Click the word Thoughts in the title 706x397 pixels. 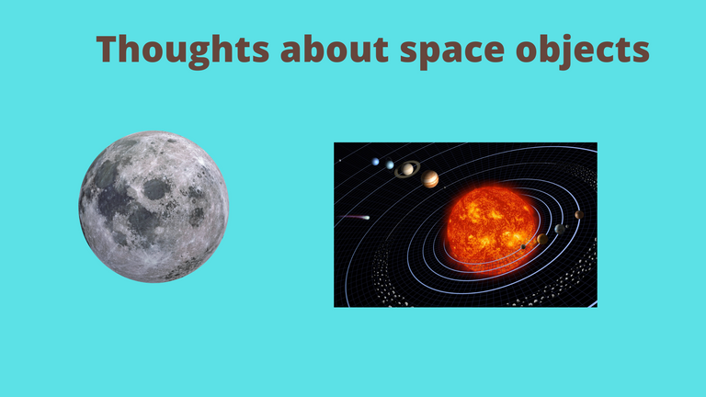pos(183,50)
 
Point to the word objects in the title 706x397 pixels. pos(583,51)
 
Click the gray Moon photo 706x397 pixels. pos(154,207)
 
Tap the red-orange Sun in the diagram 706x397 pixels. pos(492,230)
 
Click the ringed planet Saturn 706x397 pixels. pos(407,169)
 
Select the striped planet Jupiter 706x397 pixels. pos(430,179)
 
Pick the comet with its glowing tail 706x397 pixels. pos(355,218)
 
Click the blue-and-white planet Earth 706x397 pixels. pos(560,229)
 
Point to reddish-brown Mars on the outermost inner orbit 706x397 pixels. pos(579,215)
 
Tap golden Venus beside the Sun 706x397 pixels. pos(542,239)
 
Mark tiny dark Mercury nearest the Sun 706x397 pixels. pos(523,246)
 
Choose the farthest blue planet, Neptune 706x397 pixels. pos(375,162)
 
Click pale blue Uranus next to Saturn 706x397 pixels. pos(390,164)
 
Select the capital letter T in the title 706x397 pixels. pos(110,49)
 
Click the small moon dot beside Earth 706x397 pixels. pos(567,226)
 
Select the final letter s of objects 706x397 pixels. pos(640,51)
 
